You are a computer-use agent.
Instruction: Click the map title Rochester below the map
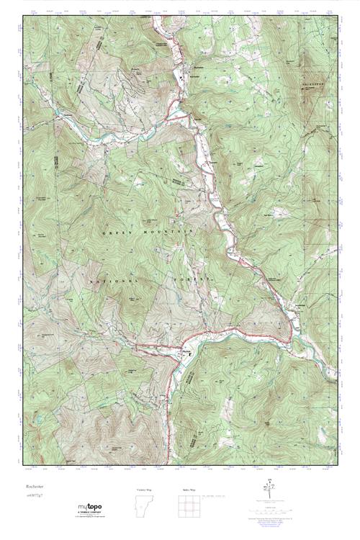31,486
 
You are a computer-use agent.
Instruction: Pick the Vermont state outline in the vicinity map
144,508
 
